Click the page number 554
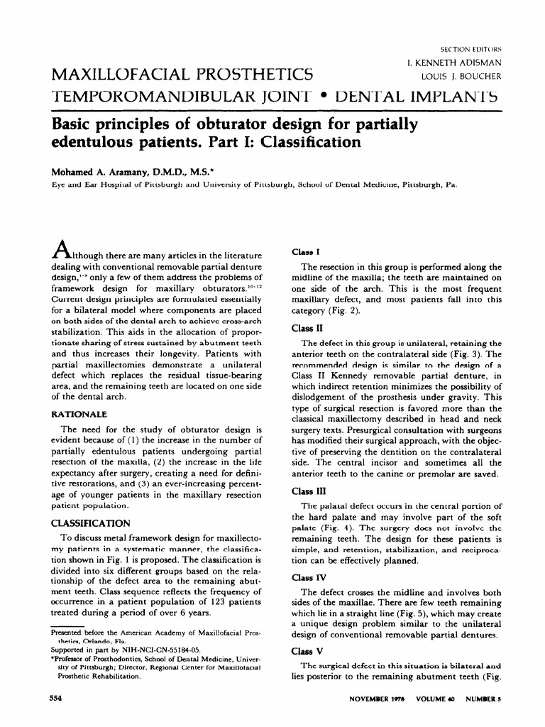pyautogui.click(x=52, y=699)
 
